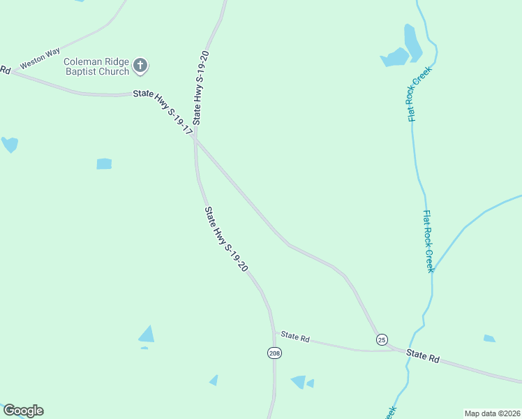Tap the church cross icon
pos(140,66)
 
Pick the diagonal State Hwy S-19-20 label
pos(226,240)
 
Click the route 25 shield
pos(381,339)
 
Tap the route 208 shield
pos(274,353)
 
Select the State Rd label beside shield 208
pos(296,337)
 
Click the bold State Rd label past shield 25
pos(424,357)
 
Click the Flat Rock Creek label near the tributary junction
pos(428,242)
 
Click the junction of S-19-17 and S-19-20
pos(196,138)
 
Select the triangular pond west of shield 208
pos(147,335)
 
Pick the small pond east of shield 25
pos(489,339)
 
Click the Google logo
pos(23,411)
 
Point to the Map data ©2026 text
pos(492,413)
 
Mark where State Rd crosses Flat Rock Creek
pos(407,352)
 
